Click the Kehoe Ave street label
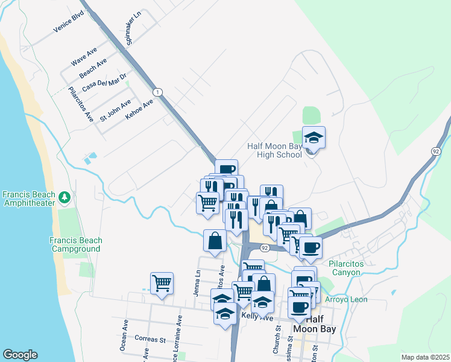(139, 109)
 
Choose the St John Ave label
(115, 110)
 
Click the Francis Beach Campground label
(76, 244)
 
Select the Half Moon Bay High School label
(274, 150)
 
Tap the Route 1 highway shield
(157, 92)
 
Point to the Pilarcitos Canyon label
(353, 268)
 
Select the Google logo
(20, 355)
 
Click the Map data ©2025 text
(424, 357)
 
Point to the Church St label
(276, 340)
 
